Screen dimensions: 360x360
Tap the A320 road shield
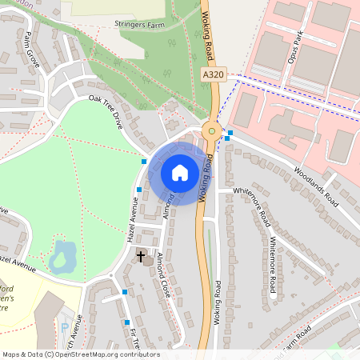213,74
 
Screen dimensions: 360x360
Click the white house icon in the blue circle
180,173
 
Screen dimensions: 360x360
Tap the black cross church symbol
142,256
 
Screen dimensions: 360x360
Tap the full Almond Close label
163,276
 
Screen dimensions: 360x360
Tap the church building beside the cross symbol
150,260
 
